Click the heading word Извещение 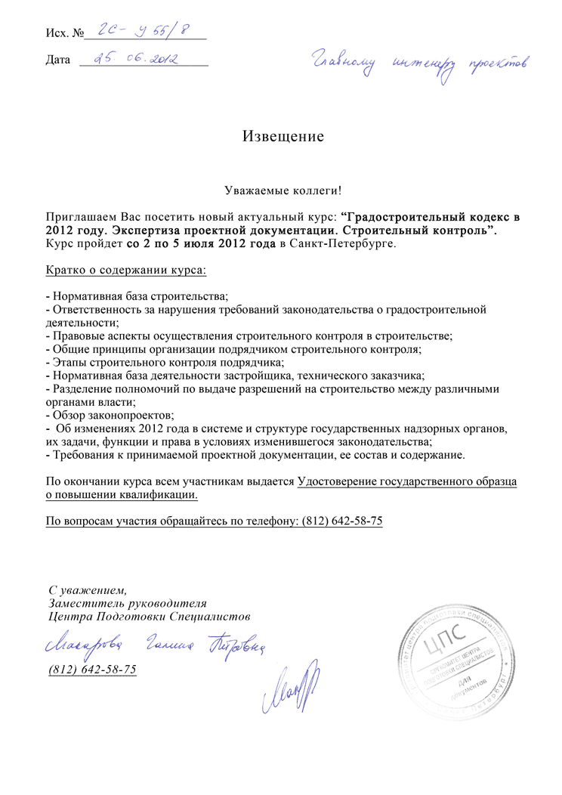[x=283, y=137]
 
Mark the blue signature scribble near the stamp [x=291, y=687]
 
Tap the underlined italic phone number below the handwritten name [x=92, y=670]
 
